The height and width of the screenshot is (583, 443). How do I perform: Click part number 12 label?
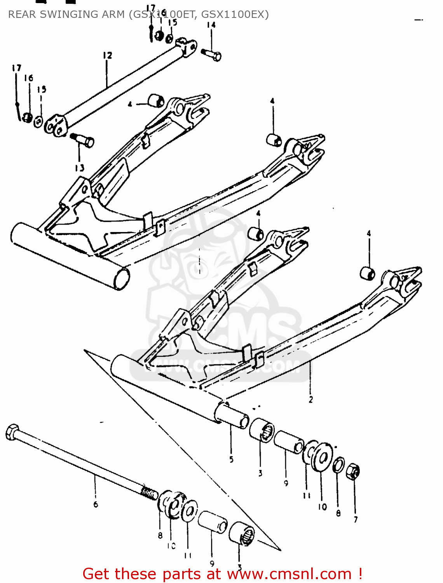107,56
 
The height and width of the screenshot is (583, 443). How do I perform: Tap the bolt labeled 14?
212,54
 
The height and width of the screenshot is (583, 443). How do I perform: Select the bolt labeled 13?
83,140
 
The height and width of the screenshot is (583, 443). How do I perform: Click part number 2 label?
311,399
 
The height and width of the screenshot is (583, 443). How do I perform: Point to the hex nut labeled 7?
352,471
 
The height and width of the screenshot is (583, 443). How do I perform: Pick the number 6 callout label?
96,504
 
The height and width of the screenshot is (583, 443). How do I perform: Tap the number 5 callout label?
231,459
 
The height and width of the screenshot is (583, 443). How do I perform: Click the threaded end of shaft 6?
149,493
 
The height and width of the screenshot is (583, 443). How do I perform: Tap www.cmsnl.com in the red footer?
289,574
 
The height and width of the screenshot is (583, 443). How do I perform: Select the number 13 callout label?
80,168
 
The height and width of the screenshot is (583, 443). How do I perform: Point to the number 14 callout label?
211,25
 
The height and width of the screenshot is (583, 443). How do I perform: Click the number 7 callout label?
356,520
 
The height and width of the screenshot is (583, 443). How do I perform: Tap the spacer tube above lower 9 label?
213,522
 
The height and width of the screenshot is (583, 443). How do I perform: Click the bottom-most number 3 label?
240,567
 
